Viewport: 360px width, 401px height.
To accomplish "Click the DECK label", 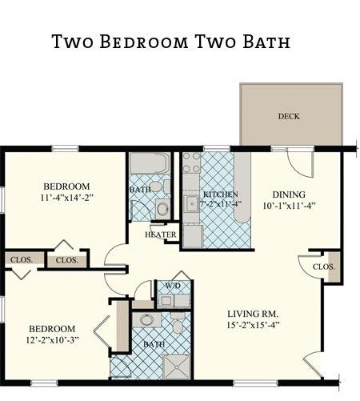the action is point(289,116).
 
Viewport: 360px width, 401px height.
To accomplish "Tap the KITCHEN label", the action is point(220,194).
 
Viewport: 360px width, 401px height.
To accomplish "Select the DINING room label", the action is point(289,194).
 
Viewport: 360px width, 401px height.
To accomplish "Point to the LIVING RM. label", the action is point(253,314).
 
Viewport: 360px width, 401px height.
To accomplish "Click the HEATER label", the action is point(161,235).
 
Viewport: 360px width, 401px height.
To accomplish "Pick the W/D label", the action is point(173,286).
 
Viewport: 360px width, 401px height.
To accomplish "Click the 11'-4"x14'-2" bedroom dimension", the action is point(66,198).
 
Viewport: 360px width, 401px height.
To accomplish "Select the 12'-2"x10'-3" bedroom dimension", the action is point(52,340).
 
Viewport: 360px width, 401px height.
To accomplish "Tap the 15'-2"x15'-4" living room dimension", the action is point(253,325).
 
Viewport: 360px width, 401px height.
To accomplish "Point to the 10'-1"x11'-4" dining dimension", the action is point(290,206).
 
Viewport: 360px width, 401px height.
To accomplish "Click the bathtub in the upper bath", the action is point(150,163).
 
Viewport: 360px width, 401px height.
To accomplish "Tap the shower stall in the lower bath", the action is point(177,367).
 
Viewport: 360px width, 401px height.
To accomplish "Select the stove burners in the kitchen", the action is point(191,162).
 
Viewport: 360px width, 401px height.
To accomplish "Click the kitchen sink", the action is point(191,204).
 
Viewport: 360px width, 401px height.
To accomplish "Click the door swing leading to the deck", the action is point(300,163).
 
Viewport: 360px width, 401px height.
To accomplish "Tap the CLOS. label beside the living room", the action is point(324,267).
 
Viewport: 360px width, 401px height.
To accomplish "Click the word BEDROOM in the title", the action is point(144,42).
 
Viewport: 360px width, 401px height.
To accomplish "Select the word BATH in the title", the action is point(266,42).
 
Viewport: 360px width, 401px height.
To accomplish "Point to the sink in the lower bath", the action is point(146,320).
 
